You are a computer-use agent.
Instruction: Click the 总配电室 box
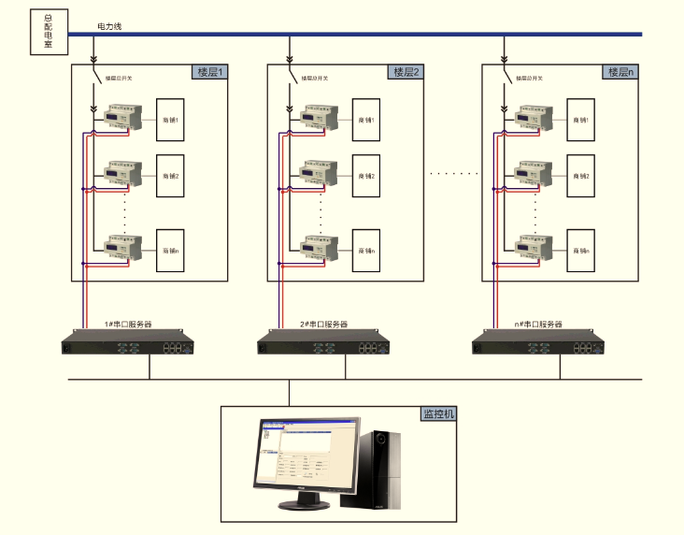point(49,31)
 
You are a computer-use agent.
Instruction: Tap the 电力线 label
point(110,26)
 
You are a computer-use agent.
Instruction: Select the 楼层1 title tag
point(210,72)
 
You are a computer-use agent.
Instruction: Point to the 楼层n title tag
point(621,72)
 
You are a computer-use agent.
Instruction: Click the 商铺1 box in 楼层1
point(171,119)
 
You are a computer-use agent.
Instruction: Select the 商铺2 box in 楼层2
point(366,175)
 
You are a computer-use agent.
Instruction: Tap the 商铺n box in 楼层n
point(581,251)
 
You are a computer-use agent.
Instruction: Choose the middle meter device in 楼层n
point(534,173)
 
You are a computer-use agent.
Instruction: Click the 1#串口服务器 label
point(128,324)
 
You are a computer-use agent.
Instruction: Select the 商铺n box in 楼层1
point(171,251)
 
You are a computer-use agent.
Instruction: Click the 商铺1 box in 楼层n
point(581,119)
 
